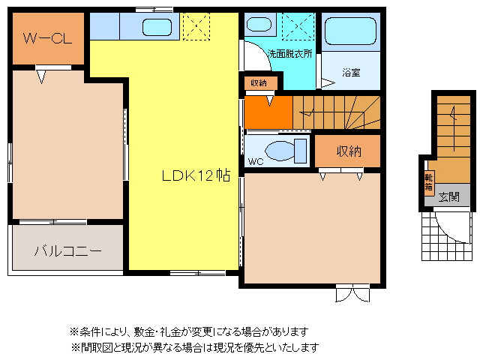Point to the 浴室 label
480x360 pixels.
coord(351,73)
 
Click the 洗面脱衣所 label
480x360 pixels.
coord(290,53)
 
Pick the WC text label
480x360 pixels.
coord(255,160)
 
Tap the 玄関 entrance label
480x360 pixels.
coord(448,197)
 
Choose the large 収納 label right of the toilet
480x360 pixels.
coord(349,151)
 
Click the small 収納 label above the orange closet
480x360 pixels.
coord(259,82)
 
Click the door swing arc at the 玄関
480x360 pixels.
coord(452,222)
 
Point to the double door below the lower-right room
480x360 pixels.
coord(352,293)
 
